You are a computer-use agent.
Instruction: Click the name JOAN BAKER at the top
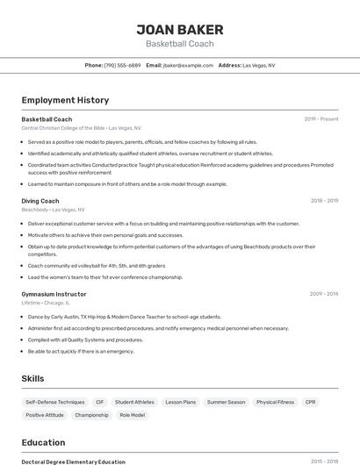[179, 29]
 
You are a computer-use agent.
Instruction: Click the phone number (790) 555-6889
[122, 65]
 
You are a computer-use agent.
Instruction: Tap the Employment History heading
[65, 100]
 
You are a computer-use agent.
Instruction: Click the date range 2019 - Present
[321, 119]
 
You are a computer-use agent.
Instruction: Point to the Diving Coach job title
[40, 201]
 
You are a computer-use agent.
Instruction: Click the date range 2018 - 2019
[324, 201]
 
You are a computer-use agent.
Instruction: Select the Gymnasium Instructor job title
[54, 294]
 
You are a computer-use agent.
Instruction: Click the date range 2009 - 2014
[324, 294]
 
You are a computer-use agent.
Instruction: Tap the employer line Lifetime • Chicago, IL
[46, 303]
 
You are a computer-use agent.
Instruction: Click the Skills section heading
[33, 378]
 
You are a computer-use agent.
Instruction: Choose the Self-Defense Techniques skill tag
[55, 402]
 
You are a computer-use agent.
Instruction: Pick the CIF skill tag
[99, 402]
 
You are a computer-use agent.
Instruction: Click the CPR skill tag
[310, 402]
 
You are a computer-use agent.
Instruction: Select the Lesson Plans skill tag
[180, 402]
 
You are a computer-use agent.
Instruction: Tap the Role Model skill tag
[132, 415]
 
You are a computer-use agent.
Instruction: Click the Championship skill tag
[91, 415]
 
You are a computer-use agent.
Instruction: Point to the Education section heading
[43, 442]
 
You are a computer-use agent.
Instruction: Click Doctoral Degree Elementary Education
[73, 461]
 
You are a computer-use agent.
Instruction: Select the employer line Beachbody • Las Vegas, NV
[53, 210]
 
